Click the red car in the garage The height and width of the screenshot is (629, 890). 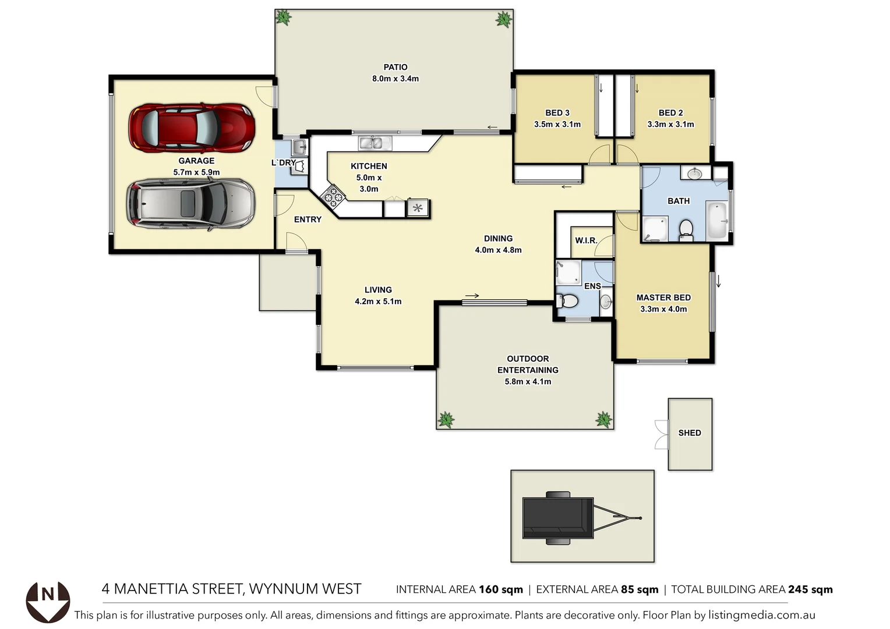tap(192, 128)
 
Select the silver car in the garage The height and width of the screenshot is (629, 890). tap(191, 204)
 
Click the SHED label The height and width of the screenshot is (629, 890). tap(690, 433)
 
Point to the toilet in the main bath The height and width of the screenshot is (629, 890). tap(686, 229)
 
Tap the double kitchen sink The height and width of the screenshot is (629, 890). tap(371, 143)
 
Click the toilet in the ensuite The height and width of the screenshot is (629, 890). tap(567, 301)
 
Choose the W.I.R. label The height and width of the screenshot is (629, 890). tap(586, 241)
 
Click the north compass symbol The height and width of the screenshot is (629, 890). tap(48, 601)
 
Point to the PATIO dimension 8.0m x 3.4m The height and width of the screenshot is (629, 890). tap(395, 79)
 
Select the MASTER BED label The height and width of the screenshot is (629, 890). tap(663, 298)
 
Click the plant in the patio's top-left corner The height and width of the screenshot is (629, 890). tap(284, 17)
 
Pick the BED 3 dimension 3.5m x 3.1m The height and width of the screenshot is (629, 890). tap(557, 124)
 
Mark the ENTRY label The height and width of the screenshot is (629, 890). tap(308, 220)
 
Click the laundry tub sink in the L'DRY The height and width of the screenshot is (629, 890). tap(299, 146)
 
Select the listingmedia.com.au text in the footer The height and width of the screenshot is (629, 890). tap(761, 615)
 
